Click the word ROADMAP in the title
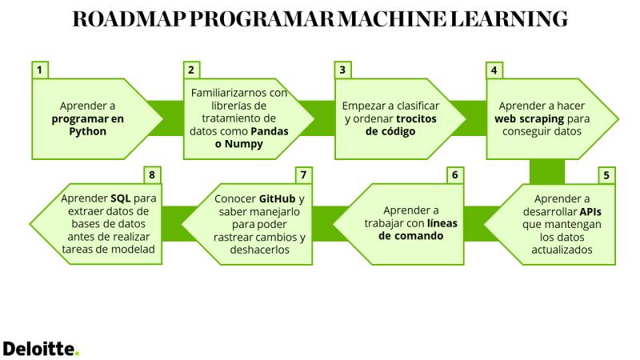(x=129, y=19)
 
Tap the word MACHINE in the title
(x=393, y=19)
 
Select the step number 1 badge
(x=39, y=70)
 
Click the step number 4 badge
(x=494, y=70)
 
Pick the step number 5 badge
(x=606, y=175)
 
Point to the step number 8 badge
(x=152, y=175)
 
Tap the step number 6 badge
(x=455, y=175)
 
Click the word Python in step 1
(x=87, y=132)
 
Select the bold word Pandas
(x=270, y=131)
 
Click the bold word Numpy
(x=244, y=145)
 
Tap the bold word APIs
(x=590, y=212)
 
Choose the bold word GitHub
(x=277, y=198)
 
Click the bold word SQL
(x=121, y=198)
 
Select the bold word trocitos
(x=416, y=118)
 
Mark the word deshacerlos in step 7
(x=259, y=250)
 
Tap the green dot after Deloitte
(x=77, y=354)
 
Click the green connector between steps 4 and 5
(x=547, y=172)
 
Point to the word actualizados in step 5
(x=562, y=250)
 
